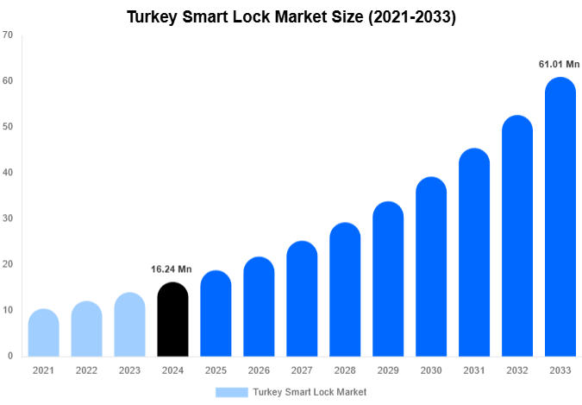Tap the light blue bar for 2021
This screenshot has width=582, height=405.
coord(44,332)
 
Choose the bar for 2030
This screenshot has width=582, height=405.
coord(431,267)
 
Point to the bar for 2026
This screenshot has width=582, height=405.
coord(259,307)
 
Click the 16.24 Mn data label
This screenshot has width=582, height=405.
coord(172,269)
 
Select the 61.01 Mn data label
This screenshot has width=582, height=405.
coord(559,64)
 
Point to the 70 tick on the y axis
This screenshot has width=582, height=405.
coord(8,35)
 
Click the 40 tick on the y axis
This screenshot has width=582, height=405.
coord(8,173)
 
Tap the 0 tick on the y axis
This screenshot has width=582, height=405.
coord(10,356)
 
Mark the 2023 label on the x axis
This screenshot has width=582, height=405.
coord(129,370)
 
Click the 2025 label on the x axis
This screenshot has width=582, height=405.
coord(216,370)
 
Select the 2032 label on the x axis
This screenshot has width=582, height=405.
coord(517,370)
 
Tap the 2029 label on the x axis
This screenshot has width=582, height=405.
coord(388,370)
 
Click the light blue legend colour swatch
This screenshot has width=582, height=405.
coord(231,392)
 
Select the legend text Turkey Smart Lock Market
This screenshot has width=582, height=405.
coord(310,392)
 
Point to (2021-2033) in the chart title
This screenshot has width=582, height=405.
coord(411,16)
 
